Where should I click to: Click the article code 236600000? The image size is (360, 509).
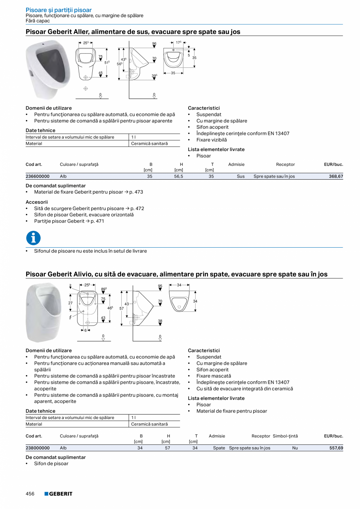point(38,176)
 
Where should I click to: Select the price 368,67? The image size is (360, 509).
point(336,176)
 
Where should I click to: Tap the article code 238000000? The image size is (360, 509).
point(38,448)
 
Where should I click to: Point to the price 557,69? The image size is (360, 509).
point(336,448)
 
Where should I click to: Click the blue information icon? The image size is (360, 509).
point(33,238)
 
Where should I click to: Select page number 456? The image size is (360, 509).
point(30,494)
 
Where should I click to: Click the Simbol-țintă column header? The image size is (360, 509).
point(285,436)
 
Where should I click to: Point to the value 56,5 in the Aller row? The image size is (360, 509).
point(178,176)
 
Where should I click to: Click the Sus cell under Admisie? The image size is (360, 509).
point(241,176)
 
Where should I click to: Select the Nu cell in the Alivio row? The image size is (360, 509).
point(295,448)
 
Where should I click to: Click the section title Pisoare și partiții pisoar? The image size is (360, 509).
point(59,10)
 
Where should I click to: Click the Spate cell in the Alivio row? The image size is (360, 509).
point(219,448)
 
